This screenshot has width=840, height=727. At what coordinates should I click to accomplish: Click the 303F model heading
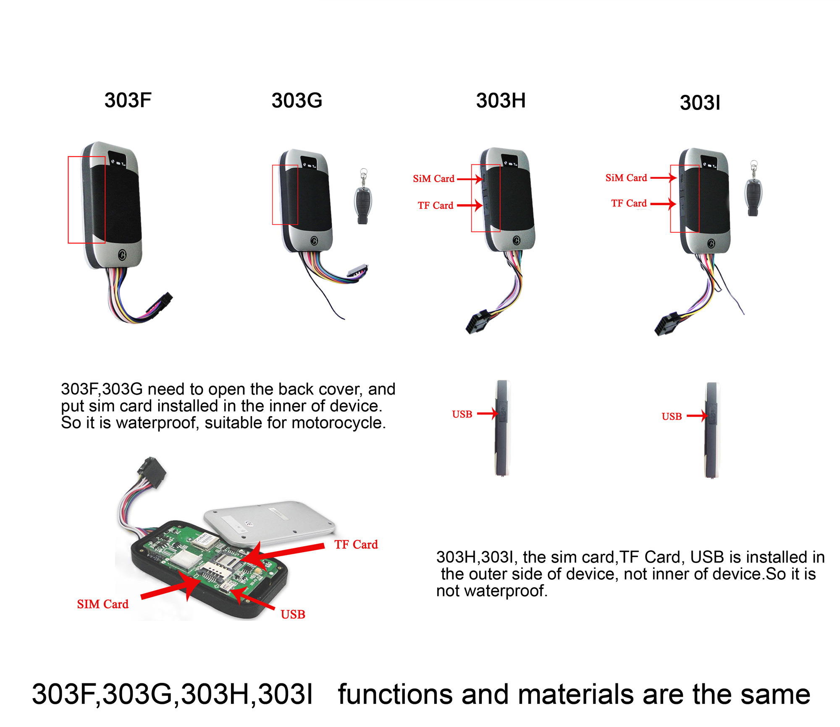click(x=128, y=100)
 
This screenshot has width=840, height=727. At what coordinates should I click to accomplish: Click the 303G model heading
click(x=297, y=100)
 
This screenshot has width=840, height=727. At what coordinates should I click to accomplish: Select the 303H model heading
click(x=501, y=100)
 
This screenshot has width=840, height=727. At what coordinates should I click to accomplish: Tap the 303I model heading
click(x=700, y=103)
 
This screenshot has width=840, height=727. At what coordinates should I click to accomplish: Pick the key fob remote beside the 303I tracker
click(x=753, y=188)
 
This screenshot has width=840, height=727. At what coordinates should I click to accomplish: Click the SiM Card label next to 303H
click(x=433, y=179)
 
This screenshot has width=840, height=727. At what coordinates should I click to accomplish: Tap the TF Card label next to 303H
click(x=436, y=206)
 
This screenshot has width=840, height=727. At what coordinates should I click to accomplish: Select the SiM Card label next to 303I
click(x=626, y=178)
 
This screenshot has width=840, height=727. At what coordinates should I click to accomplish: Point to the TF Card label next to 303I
click(x=629, y=203)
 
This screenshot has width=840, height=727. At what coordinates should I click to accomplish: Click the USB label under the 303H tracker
click(x=462, y=414)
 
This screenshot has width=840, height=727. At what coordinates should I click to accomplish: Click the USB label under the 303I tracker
click(x=672, y=417)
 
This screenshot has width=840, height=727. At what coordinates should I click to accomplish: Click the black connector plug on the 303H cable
click(x=478, y=321)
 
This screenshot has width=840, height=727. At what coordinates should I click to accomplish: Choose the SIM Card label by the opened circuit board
click(x=102, y=604)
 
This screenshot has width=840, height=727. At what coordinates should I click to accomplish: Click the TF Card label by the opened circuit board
click(x=356, y=545)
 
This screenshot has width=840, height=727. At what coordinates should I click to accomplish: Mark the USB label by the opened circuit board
click(x=293, y=615)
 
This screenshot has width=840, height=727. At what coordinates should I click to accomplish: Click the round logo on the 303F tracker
click(x=122, y=255)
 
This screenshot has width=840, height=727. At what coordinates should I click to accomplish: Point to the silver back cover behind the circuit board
click(x=269, y=522)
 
